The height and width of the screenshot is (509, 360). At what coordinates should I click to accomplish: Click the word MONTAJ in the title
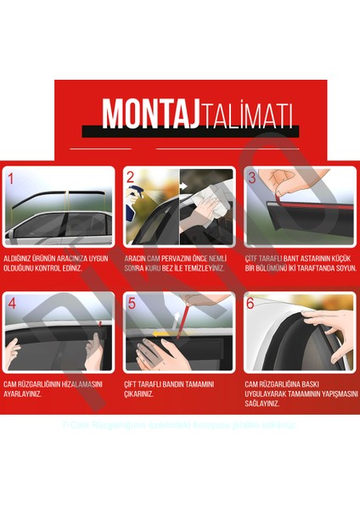click(x=142, y=114)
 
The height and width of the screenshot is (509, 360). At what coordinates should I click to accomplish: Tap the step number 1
click(x=11, y=179)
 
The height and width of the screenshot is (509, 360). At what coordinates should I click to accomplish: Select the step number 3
click(x=252, y=178)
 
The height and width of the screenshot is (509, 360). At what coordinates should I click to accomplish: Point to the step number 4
click(x=11, y=303)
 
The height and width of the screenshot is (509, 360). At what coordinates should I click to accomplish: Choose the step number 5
click(x=132, y=303)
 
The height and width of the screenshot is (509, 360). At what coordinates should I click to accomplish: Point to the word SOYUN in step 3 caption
click(x=343, y=268)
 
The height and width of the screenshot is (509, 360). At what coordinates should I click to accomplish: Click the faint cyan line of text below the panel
click(x=179, y=424)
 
